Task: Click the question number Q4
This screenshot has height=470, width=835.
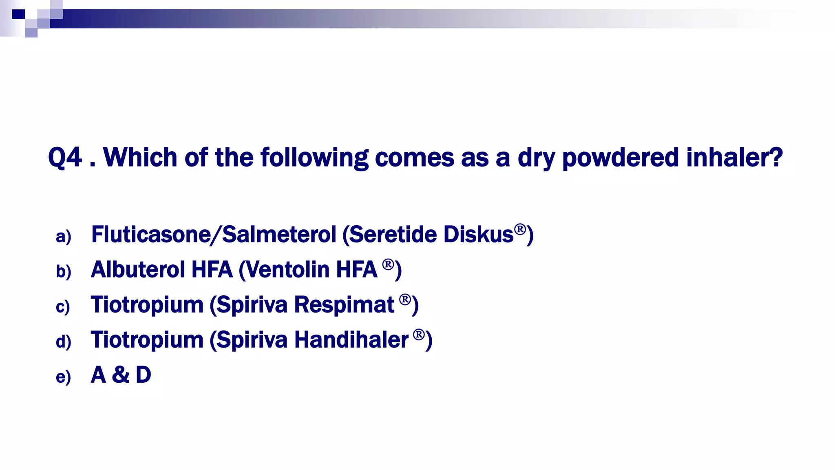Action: pyautogui.click(x=65, y=157)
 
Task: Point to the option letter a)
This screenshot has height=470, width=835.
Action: pyautogui.click(x=64, y=237)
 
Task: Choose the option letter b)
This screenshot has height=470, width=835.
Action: pyautogui.click(x=64, y=272)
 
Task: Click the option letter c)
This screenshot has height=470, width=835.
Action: pyautogui.click(x=63, y=307)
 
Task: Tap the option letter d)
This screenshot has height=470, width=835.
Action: pyautogui.click(x=64, y=342)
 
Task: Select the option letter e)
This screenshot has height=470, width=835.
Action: pyautogui.click(x=63, y=377)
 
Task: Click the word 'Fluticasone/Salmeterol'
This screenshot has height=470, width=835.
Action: pyautogui.click(x=214, y=235)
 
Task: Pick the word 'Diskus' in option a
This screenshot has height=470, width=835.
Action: pyautogui.click(x=478, y=235)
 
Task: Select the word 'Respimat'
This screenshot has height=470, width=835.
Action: pyautogui.click(x=344, y=305)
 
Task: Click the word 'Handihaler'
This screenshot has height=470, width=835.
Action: pyautogui.click(x=351, y=340)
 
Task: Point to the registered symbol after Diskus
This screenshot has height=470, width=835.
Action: pyautogui.click(x=520, y=229)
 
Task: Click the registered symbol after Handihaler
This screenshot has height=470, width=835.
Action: pyautogui.click(x=419, y=335)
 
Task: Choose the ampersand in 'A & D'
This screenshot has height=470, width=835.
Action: pyautogui.click(x=121, y=375)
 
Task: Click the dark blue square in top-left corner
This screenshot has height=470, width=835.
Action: pyautogui.click(x=18, y=14)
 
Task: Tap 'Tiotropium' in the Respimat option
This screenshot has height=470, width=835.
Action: pyautogui.click(x=147, y=305)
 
